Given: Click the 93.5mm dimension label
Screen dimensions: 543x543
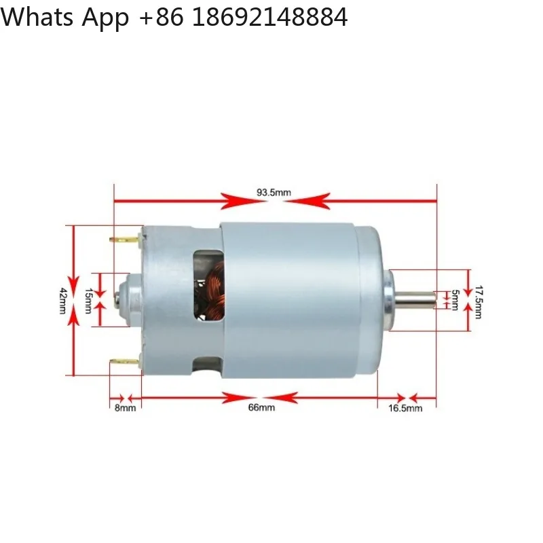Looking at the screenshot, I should click(x=274, y=193).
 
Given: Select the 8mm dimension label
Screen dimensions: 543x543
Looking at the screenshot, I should click(x=125, y=407).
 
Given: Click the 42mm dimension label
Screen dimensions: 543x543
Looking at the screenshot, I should click(x=62, y=299).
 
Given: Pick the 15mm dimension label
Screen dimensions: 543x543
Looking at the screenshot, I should click(x=88, y=299).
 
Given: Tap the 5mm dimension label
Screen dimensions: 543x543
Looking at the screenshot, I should click(x=455, y=299).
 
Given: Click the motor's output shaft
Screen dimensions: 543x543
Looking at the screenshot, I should click(x=415, y=299).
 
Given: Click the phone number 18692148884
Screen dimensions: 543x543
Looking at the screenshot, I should click(x=270, y=18).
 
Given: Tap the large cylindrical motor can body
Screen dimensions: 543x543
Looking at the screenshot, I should click(x=299, y=299).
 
